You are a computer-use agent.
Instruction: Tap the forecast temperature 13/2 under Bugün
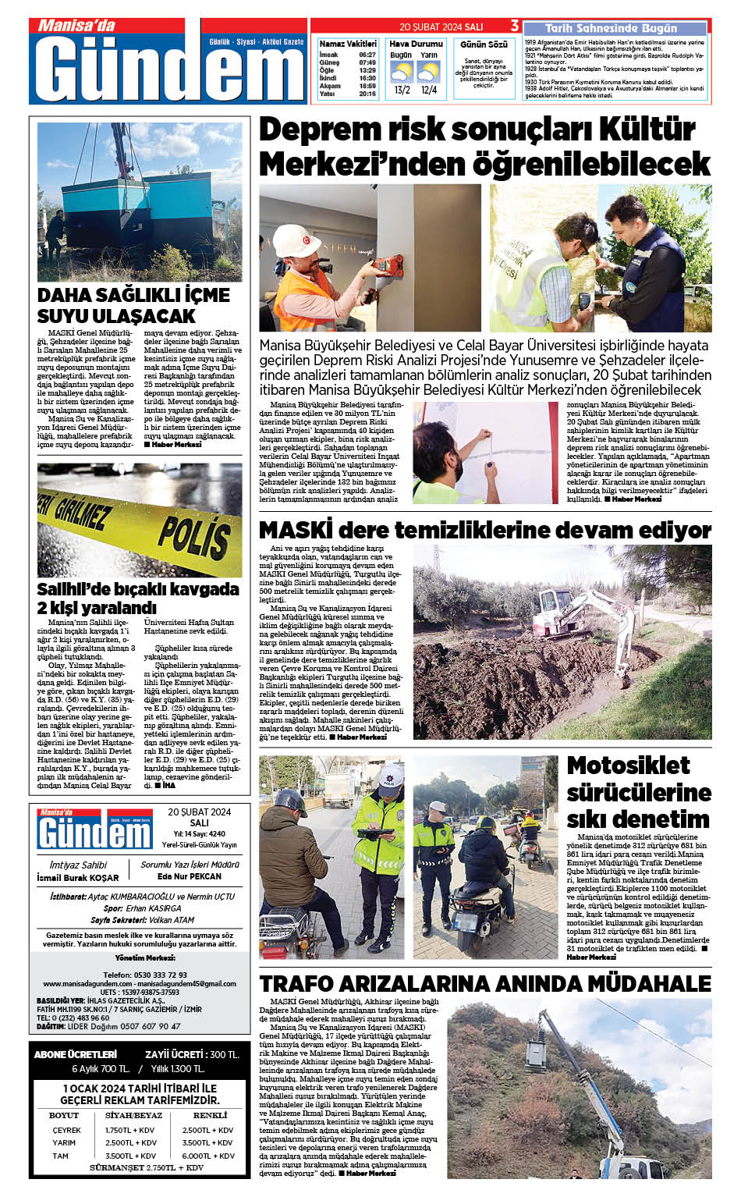pyautogui.click(x=402, y=91)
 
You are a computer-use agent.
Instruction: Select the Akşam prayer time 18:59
pyautogui.click(x=367, y=86)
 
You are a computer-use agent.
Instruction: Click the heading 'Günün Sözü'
pyautogui.click(x=484, y=44)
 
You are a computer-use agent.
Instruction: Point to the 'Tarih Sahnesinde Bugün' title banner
pyautogui.click(x=612, y=28)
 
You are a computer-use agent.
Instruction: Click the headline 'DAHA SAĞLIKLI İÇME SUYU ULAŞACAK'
pyautogui.click(x=133, y=305)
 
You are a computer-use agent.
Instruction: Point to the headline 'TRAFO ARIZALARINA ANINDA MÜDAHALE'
pyautogui.click(x=485, y=983)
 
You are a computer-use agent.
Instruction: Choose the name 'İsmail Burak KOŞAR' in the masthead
pyautogui.click(x=78, y=878)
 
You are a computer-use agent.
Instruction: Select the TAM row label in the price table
pyautogui.click(x=61, y=1156)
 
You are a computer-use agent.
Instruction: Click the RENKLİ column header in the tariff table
pyautogui.click(x=210, y=1116)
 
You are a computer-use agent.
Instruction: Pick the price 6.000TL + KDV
pyautogui.click(x=208, y=1156)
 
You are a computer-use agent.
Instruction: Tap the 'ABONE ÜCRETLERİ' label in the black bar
pyautogui.click(x=76, y=1054)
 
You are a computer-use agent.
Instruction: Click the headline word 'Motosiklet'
pyautogui.click(x=628, y=765)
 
